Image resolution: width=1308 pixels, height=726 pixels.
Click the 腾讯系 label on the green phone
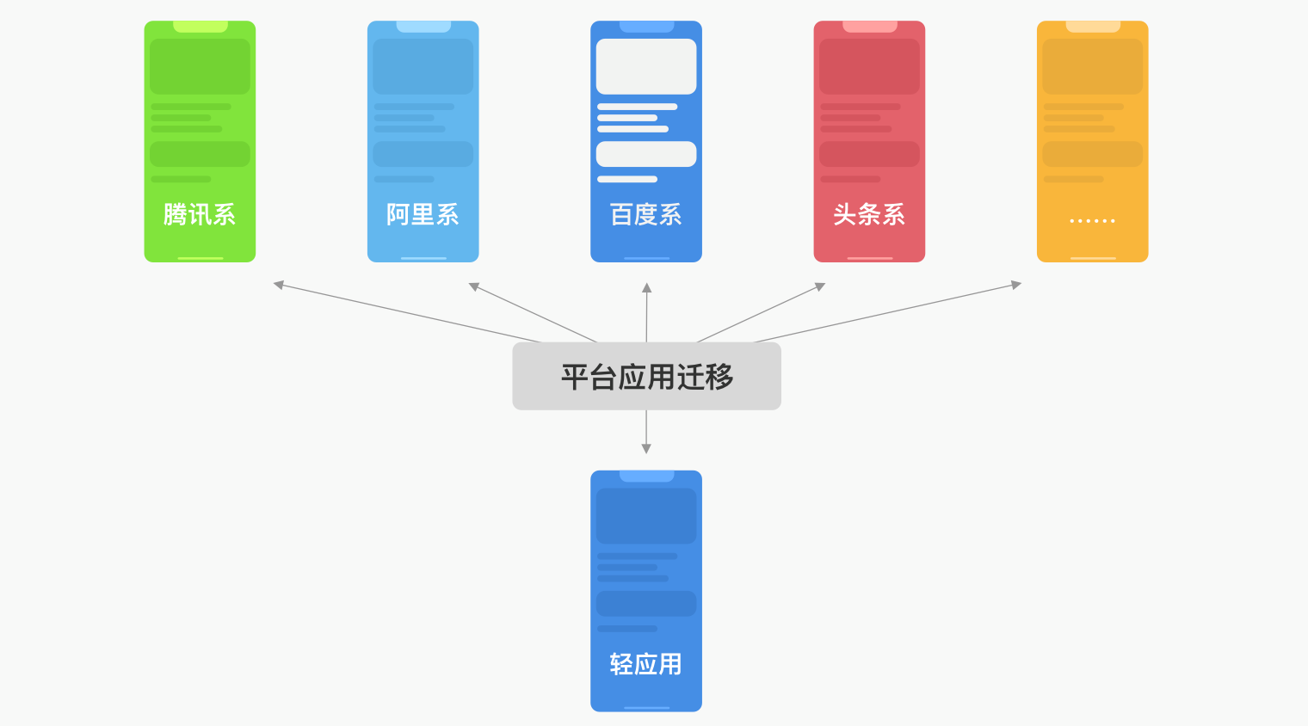point(200,214)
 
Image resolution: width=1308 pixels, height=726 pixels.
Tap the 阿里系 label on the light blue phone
point(423,214)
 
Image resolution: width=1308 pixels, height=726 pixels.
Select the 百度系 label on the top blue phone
point(646,214)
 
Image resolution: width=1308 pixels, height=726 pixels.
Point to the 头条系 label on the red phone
point(869,214)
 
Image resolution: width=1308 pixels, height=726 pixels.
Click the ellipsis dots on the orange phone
point(1092,221)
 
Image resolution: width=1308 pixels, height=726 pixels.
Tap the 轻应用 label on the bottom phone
point(646,664)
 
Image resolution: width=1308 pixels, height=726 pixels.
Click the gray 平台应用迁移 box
point(646,376)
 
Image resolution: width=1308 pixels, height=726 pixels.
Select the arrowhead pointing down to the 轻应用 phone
point(646,448)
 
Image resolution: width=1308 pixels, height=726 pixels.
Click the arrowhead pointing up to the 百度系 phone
point(646,288)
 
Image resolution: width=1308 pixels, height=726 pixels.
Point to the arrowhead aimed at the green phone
point(279,284)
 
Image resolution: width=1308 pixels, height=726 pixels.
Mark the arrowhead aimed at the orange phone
point(1015,284)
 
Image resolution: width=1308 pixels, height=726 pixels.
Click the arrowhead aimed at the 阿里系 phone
point(473,286)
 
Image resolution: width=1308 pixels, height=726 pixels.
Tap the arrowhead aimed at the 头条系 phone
point(820,286)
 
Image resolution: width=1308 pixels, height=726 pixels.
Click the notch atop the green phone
point(200,27)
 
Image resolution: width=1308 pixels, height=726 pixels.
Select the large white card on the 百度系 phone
point(646,66)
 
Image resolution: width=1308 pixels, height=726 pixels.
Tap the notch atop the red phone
point(869,27)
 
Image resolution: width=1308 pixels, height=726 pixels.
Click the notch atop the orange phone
point(1092,27)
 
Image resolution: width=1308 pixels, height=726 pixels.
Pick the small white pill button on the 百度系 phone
point(646,154)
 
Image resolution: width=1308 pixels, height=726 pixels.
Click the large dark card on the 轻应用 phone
point(646,516)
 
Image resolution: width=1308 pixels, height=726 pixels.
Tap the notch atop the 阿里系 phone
point(423,27)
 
